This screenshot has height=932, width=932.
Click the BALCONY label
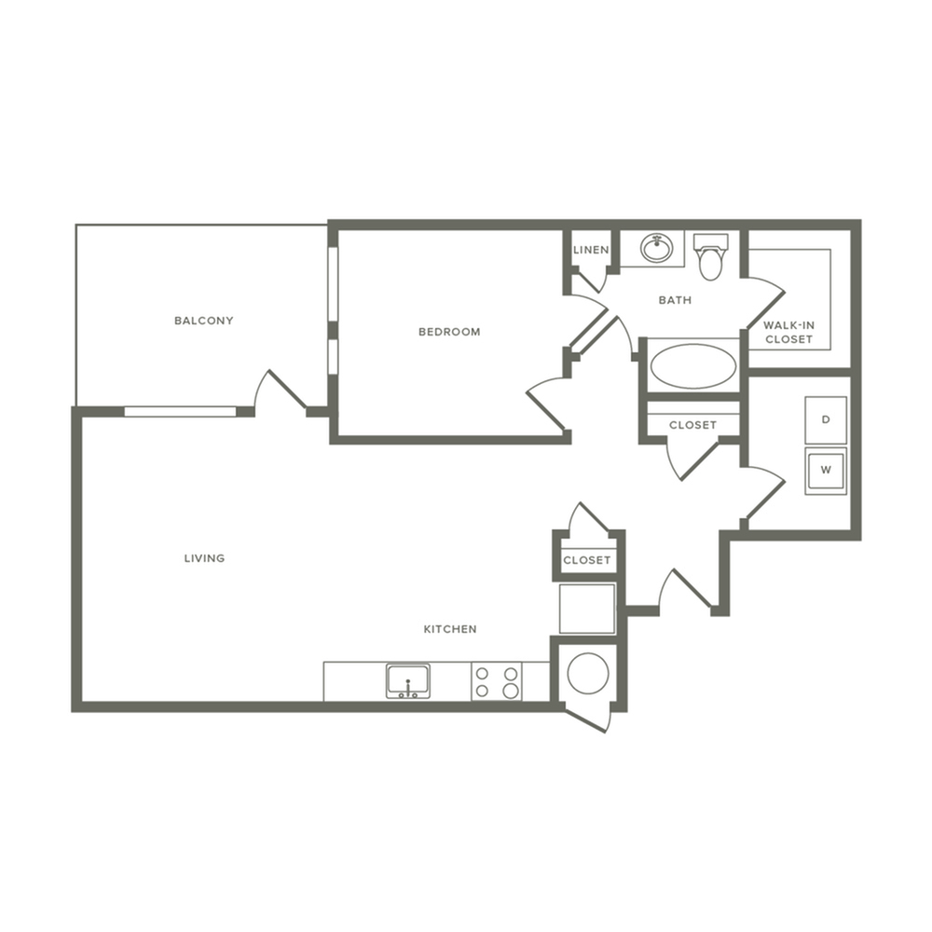click(x=204, y=321)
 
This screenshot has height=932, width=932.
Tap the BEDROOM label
click(x=449, y=332)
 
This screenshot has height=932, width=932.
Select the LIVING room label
click(x=204, y=558)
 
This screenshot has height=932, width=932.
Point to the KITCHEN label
click(x=450, y=629)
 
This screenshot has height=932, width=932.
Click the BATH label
click(x=675, y=300)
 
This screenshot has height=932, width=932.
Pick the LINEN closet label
click(x=591, y=250)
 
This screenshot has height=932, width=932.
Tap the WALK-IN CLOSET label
click(x=788, y=333)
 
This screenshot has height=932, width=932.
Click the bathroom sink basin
click(x=656, y=247)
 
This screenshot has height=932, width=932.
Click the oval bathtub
click(x=693, y=365)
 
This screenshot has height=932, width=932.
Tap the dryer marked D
click(x=826, y=420)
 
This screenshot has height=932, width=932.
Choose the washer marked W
click(x=826, y=471)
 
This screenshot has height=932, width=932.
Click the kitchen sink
click(x=408, y=681)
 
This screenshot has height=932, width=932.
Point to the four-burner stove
click(x=497, y=681)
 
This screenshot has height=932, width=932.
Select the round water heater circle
click(x=588, y=674)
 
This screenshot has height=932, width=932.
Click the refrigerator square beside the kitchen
click(x=587, y=609)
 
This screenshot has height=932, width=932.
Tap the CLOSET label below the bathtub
click(x=693, y=425)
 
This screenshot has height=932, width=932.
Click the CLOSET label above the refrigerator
click(x=586, y=560)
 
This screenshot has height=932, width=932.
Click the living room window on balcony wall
click(x=180, y=411)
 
